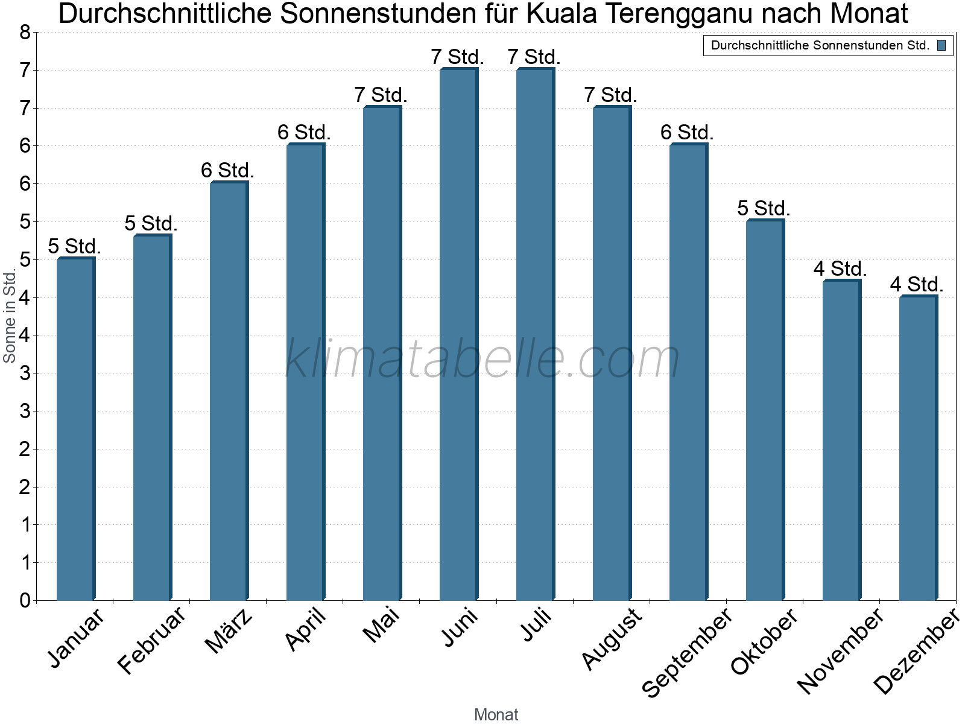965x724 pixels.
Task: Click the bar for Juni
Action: click(x=458, y=335)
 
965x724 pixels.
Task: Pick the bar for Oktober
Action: click(x=765, y=410)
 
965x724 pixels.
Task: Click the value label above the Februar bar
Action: click(x=151, y=224)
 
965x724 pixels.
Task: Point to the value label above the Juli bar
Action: click(x=534, y=57)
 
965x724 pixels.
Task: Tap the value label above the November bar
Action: click(x=840, y=269)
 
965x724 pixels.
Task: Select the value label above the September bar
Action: click(x=687, y=133)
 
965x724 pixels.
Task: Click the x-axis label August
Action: click(x=612, y=638)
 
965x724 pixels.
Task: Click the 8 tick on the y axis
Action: click(x=25, y=33)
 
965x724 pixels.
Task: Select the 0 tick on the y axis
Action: click(x=25, y=600)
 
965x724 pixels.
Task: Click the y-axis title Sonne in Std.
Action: click(x=10, y=317)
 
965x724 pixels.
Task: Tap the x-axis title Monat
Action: click(x=496, y=715)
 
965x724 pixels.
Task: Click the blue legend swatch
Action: click(x=941, y=45)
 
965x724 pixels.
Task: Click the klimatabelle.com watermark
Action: click(x=482, y=359)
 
